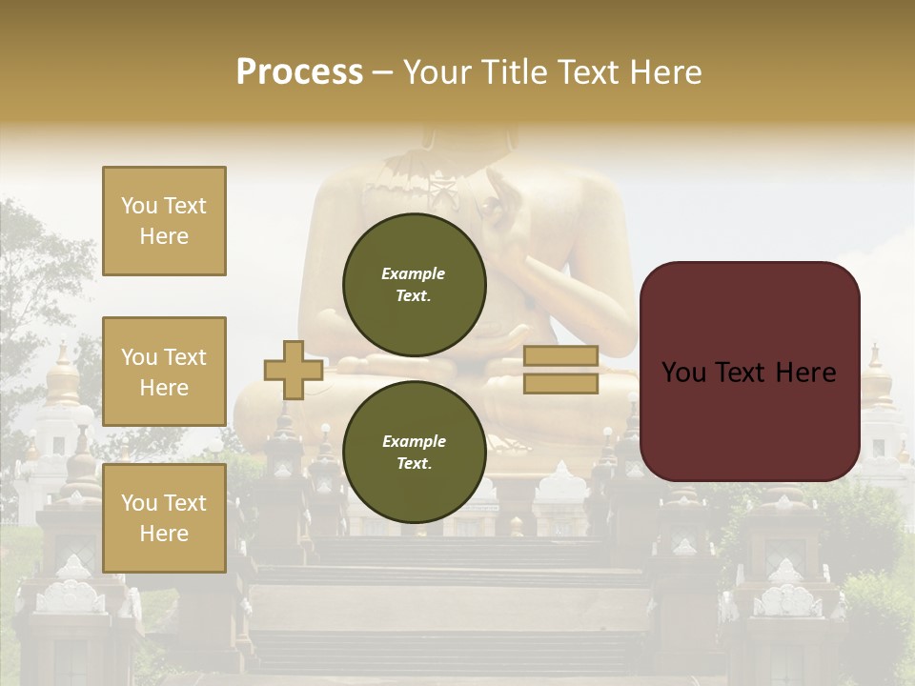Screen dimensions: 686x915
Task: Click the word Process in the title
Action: tap(299, 72)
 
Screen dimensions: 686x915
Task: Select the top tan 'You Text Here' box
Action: tap(164, 221)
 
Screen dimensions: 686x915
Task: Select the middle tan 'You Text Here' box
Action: tap(164, 372)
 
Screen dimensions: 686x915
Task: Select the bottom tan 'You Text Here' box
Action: tap(164, 518)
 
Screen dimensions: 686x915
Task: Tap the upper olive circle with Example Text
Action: tap(414, 284)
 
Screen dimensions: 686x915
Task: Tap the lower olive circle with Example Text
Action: tap(414, 452)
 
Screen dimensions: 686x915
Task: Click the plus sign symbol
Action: tap(293, 370)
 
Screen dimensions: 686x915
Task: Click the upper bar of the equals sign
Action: tap(560, 356)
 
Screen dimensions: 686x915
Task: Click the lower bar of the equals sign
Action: tap(560, 384)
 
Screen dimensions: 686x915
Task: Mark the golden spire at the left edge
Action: tap(63, 376)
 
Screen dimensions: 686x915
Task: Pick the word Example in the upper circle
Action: tap(414, 273)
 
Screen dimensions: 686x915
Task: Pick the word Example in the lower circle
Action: tap(414, 441)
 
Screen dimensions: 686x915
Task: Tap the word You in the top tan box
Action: tap(138, 206)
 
